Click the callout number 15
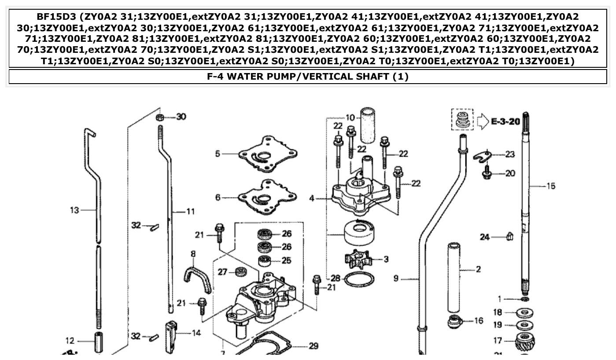[x=550, y=186]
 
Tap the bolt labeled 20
[x=487, y=173]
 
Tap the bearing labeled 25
[x=265, y=260]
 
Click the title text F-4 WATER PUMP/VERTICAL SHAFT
[x=308, y=77]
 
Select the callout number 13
[x=74, y=210]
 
